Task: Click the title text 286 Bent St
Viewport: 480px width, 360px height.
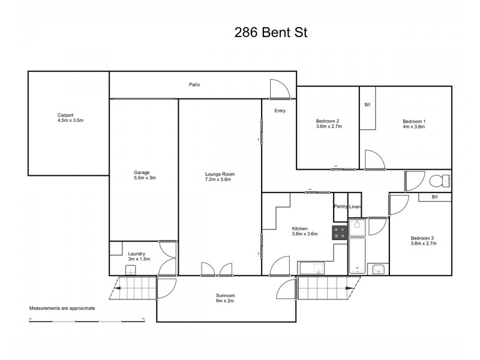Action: (x=271, y=33)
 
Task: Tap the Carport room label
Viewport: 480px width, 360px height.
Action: (x=65, y=115)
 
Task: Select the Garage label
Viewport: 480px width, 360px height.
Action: (x=142, y=172)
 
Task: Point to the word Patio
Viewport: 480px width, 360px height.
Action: (x=194, y=85)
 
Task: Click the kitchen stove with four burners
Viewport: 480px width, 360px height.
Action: (x=340, y=233)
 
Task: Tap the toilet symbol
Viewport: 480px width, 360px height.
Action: (x=439, y=180)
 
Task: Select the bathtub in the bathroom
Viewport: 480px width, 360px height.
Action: (x=356, y=256)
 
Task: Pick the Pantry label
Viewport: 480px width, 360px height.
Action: (x=341, y=206)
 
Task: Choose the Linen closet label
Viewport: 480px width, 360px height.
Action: (x=355, y=206)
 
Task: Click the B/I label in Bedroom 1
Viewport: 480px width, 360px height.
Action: (x=367, y=105)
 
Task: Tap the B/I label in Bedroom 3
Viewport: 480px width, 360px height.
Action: (x=434, y=197)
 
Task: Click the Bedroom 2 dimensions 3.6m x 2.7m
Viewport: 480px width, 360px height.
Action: (x=328, y=127)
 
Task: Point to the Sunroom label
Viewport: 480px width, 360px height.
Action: (x=226, y=295)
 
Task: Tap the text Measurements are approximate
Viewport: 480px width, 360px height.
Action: (x=62, y=308)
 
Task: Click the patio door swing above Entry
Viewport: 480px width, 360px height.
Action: (x=280, y=89)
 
